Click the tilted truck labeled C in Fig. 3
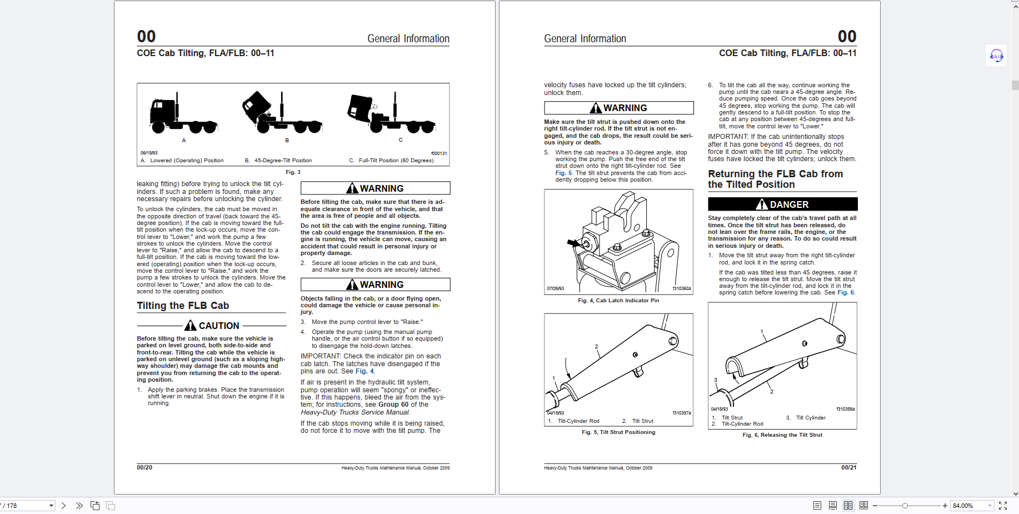point(391,114)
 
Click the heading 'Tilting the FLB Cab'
point(183,306)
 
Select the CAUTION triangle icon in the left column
point(191,326)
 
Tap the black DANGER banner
point(782,204)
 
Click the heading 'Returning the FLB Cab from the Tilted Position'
point(775,179)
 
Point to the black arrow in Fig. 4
point(573,243)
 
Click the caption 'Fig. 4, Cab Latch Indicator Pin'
point(618,301)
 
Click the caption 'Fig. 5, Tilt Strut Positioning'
point(618,432)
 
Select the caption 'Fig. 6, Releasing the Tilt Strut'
point(782,435)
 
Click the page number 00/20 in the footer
point(144,468)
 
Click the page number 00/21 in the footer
point(848,468)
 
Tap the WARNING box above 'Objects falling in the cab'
point(375,285)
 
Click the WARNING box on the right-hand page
point(618,108)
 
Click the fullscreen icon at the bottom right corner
point(1003,506)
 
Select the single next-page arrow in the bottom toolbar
point(64,506)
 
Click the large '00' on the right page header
point(847,37)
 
